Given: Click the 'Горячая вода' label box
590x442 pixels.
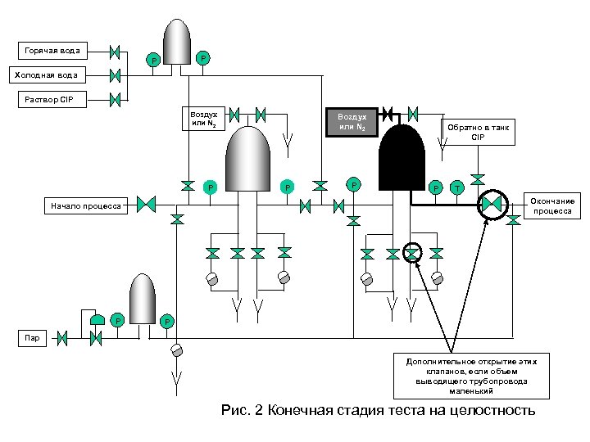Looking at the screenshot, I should click(x=52, y=51).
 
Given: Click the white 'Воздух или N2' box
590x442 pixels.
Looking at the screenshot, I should click(x=202, y=120).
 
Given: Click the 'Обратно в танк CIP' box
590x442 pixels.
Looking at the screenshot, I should click(x=478, y=133).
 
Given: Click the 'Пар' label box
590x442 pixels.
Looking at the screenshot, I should click(x=33, y=336).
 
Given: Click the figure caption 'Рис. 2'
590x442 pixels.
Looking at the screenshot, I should click(x=378, y=410).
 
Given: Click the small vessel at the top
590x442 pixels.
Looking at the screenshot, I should click(x=177, y=41).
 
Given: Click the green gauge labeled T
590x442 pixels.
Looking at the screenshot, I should click(x=457, y=188).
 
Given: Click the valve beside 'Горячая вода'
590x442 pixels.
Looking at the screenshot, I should click(x=116, y=52).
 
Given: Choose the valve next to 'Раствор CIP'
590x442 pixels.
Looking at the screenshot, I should click(x=116, y=101).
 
